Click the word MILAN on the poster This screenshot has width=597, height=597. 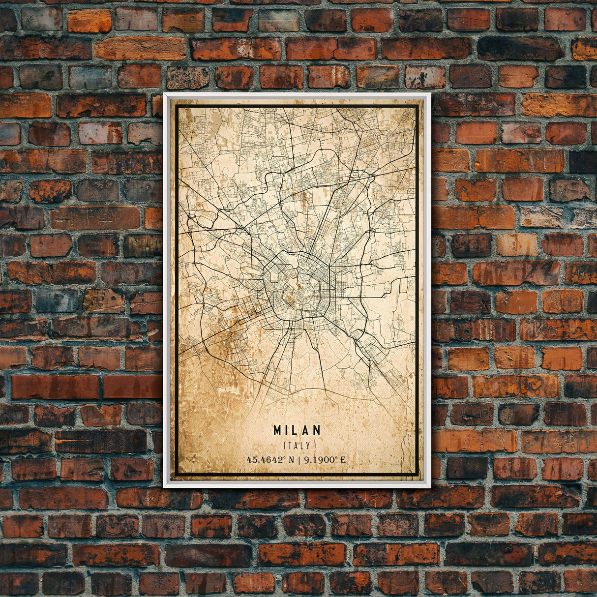297,430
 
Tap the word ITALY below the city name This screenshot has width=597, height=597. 297,446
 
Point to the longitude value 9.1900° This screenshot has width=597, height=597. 320,460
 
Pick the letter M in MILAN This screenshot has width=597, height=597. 278,430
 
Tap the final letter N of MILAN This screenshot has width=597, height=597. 317,430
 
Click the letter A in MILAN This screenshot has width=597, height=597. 306,430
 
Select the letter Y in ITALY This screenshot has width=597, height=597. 308,446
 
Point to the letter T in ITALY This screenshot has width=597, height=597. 291,446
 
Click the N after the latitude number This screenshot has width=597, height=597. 293,460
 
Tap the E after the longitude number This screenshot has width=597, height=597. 343,460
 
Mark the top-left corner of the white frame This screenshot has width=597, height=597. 164,93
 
